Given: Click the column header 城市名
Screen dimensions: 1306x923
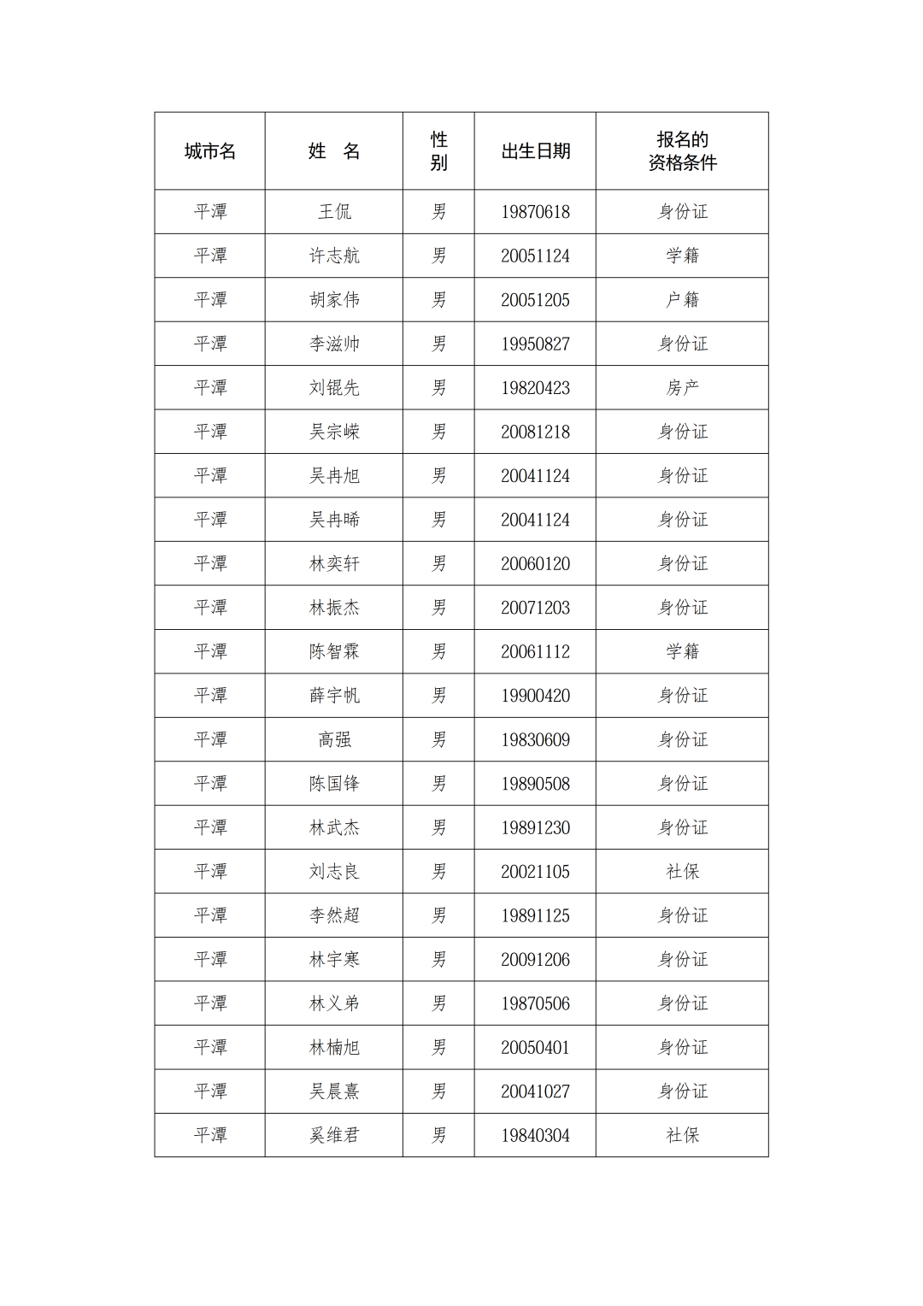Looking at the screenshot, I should pyautogui.click(x=209, y=151).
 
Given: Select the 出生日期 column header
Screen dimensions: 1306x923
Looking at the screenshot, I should pyautogui.click(x=535, y=151).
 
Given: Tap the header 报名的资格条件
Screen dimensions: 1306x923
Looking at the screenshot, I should pyautogui.click(x=682, y=151).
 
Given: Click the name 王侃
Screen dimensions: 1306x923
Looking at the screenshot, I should pyautogui.click(x=334, y=212).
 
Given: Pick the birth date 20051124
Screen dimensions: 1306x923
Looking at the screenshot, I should pyautogui.click(x=535, y=256).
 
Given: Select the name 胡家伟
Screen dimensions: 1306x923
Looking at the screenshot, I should pyautogui.click(x=334, y=300).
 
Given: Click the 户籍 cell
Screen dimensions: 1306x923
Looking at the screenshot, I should pyautogui.click(x=682, y=300).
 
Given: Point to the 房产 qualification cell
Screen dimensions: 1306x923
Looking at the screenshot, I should pyautogui.click(x=682, y=388).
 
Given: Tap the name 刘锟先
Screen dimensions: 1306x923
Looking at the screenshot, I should pyautogui.click(x=334, y=388).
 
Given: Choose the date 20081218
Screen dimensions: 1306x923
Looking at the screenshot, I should pyautogui.click(x=535, y=432).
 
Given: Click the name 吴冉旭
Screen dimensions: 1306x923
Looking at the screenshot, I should pyautogui.click(x=334, y=476).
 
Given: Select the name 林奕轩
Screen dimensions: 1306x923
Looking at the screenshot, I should pyautogui.click(x=334, y=564).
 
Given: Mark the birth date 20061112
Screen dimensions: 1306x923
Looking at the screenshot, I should pyautogui.click(x=535, y=651).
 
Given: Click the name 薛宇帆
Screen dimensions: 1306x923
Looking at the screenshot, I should pyautogui.click(x=334, y=696).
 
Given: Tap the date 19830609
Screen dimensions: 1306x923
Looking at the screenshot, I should pyautogui.click(x=535, y=740).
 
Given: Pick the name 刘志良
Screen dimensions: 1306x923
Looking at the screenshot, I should pyautogui.click(x=334, y=872).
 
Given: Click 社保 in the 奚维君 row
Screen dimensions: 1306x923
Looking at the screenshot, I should pyautogui.click(x=682, y=1135).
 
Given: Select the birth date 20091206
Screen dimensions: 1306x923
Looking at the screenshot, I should pyautogui.click(x=535, y=960).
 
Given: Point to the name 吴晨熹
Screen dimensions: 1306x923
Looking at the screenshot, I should pyautogui.click(x=334, y=1091).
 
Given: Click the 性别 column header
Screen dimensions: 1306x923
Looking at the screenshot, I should pyautogui.click(x=438, y=151).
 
